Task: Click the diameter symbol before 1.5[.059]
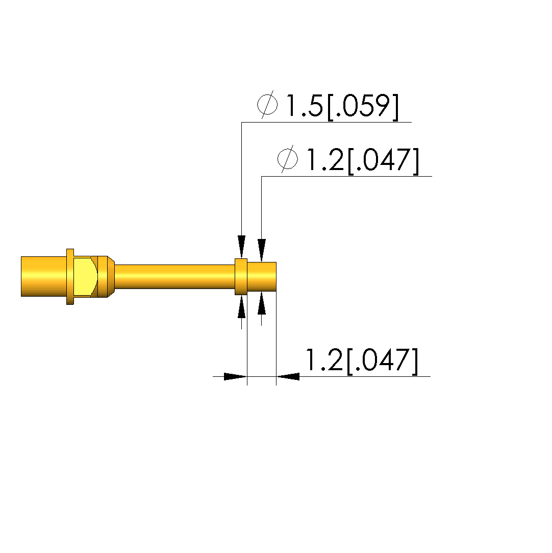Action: pyautogui.click(x=267, y=105)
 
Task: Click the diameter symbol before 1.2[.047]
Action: pyautogui.click(x=287, y=159)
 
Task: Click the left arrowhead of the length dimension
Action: pyautogui.click(x=235, y=377)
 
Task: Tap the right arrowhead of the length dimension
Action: pyautogui.click(x=288, y=377)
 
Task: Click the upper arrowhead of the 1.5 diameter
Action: pyautogui.click(x=242, y=247)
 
